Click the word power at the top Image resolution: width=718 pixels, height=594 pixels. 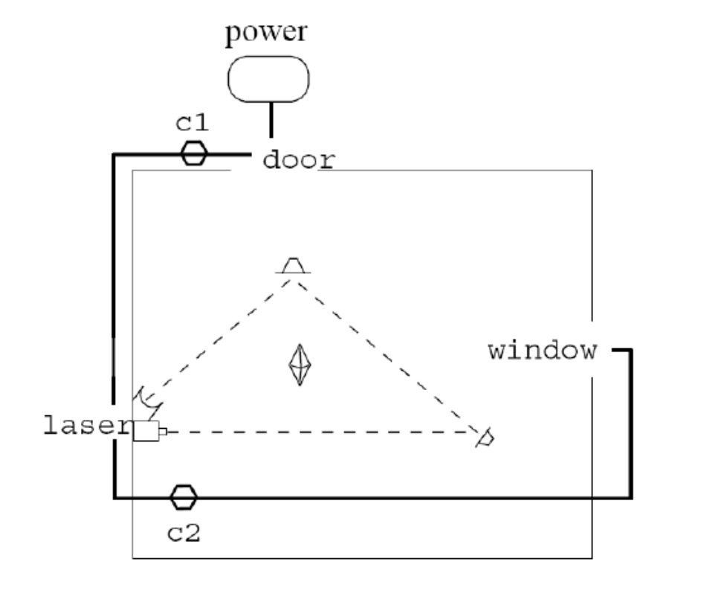pyautogui.click(x=267, y=34)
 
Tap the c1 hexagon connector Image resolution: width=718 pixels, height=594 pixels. pyautogui.click(x=194, y=153)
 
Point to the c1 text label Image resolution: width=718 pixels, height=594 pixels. pyautogui.click(x=193, y=123)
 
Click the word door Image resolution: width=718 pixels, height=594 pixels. pyautogui.click(x=299, y=159)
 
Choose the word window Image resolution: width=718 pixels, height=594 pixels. pyautogui.click(x=543, y=351)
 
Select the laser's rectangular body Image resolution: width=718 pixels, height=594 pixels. pyautogui.click(x=146, y=430)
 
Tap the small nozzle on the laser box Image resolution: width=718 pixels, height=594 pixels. pyautogui.click(x=163, y=430)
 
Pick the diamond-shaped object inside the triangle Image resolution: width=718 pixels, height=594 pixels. pyautogui.click(x=299, y=365)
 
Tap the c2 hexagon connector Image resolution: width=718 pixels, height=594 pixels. pyautogui.click(x=183, y=496)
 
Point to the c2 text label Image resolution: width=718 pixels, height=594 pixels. pyautogui.click(x=183, y=534)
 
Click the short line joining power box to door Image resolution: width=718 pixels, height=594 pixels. pyautogui.click(x=271, y=120)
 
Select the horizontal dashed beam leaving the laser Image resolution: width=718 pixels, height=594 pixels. pyautogui.click(x=320, y=431)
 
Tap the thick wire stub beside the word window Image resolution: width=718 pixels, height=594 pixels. pyautogui.click(x=622, y=351)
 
